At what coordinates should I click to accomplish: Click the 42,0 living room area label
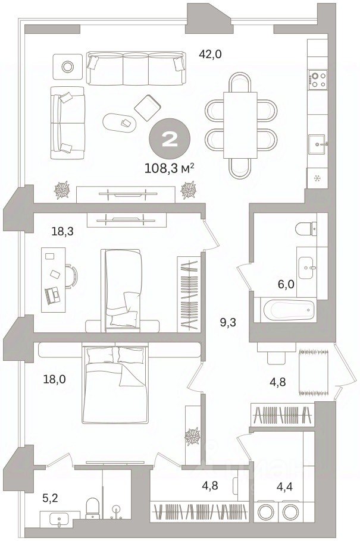point(210,55)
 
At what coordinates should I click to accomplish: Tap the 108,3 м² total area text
point(169,168)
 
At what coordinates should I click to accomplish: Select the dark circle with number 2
point(170,139)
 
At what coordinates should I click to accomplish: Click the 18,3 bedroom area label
point(62,231)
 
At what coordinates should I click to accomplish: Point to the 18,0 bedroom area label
point(55,379)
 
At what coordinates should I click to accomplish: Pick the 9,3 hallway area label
point(228,323)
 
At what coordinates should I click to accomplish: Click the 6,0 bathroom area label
point(286,284)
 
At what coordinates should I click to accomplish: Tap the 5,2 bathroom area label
point(50,498)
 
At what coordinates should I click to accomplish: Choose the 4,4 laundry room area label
point(284,487)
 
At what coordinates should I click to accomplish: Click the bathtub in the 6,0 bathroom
point(289,310)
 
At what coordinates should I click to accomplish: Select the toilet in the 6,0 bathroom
point(306,229)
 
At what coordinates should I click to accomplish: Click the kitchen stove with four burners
point(318,79)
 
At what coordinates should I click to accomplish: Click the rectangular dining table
point(240,125)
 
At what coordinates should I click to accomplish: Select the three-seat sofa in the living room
point(136,68)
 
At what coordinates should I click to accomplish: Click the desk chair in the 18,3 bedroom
point(71,276)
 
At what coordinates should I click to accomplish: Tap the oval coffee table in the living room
point(119,122)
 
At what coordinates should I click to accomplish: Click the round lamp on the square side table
point(67,67)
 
